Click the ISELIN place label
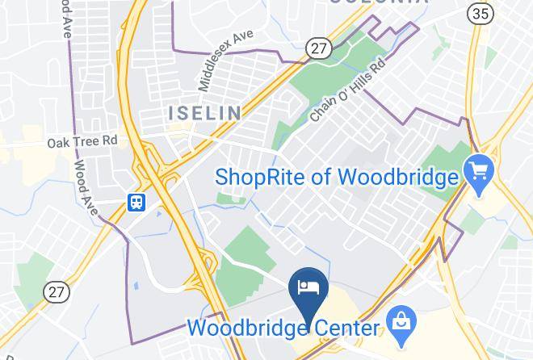[x=204, y=112]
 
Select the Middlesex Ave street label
[x=225, y=61]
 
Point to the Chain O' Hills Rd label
[x=344, y=92]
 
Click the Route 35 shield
[x=480, y=13]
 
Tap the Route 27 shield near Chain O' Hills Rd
[x=319, y=48]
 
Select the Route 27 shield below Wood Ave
[x=57, y=291]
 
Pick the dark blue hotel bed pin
[x=308, y=288]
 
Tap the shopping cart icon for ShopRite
[x=478, y=171]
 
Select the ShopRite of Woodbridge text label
[x=336, y=177]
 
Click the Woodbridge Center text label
[x=283, y=329]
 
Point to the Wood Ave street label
[x=85, y=187]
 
